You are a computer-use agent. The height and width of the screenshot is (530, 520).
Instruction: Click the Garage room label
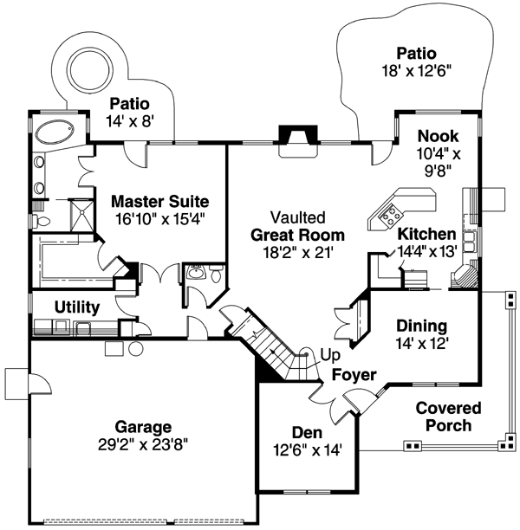(144, 427)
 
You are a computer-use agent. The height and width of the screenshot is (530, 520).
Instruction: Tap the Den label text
(307, 431)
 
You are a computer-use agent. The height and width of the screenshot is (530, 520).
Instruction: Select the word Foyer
(354, 375)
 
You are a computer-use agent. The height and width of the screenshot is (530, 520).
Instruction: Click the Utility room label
(77, 307)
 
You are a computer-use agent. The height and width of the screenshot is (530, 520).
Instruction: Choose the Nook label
(437, 136)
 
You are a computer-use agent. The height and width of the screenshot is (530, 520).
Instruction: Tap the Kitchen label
(426, 234)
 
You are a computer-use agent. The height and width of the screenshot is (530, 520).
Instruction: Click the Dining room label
(421, 326)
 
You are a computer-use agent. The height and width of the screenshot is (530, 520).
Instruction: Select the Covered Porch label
(444, 416)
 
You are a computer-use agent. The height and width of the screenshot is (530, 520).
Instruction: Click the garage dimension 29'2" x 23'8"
(144, 444)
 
